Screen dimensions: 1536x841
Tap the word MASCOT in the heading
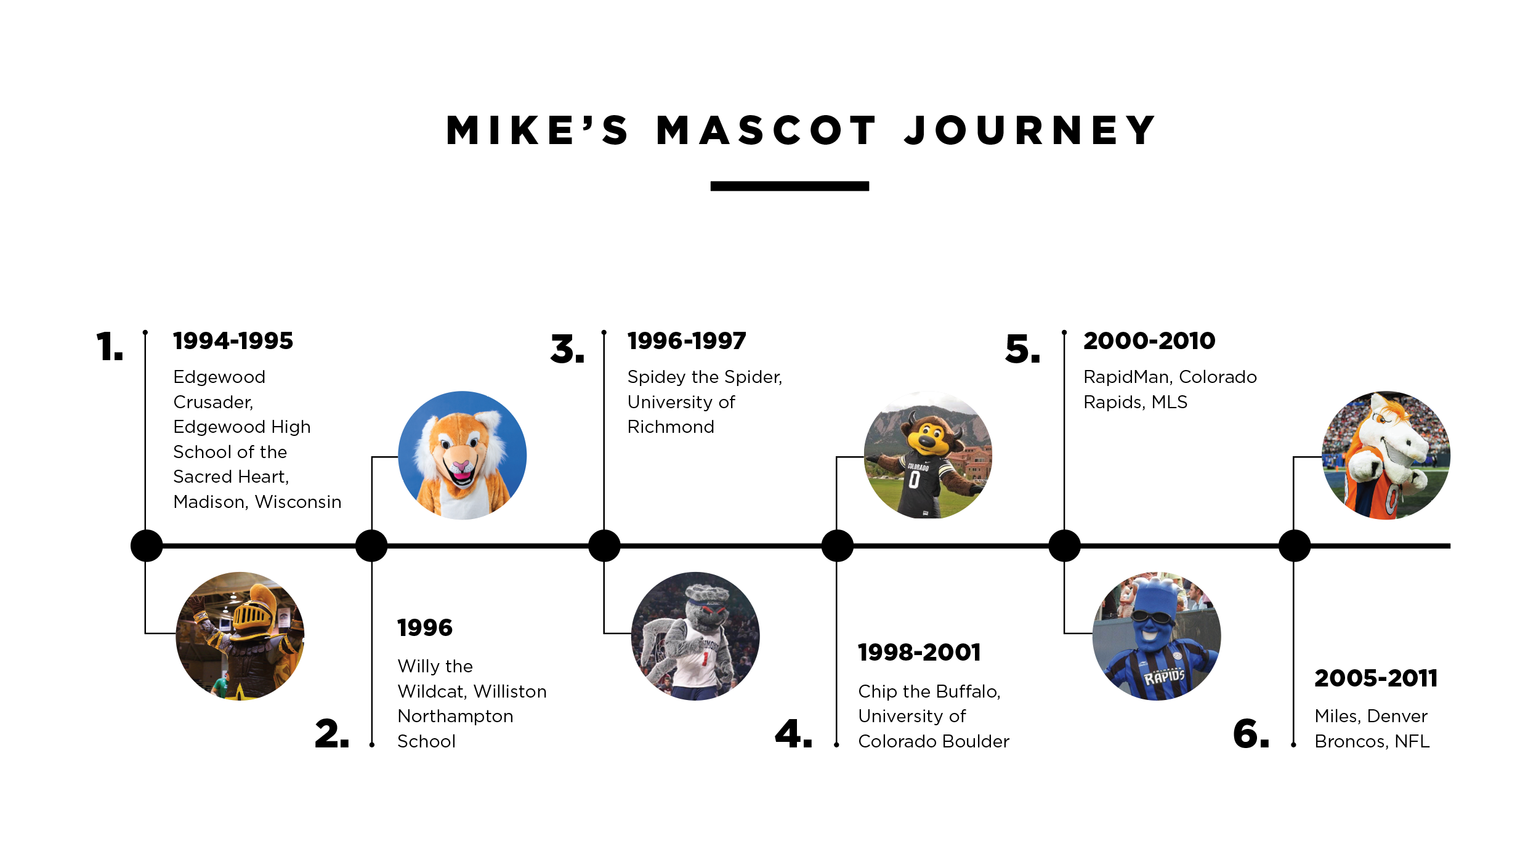pos(767,131)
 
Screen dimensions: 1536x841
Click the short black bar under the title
pos(790,186)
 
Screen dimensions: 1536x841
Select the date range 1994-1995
pos(233,340)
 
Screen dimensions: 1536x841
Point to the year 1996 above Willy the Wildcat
pos(425,627)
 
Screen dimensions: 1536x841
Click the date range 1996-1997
pos(687,340)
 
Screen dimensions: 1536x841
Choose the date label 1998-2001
pos(919,652)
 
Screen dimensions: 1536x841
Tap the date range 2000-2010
pos(1149,340)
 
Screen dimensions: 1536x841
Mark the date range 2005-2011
pos(1376,678)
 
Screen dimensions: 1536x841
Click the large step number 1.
pos(110,346)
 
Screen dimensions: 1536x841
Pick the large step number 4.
pos(793,733)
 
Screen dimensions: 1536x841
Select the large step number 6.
pos(1251,733)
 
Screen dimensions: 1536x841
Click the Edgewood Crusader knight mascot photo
pos(240,636)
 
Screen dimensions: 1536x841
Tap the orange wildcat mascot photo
pos(463,455)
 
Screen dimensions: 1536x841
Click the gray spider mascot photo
pos(695,636)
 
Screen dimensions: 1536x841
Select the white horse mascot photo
pos(1386,455)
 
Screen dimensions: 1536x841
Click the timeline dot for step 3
pos(604,545)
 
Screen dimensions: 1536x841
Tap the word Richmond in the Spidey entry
pos(671,427)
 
